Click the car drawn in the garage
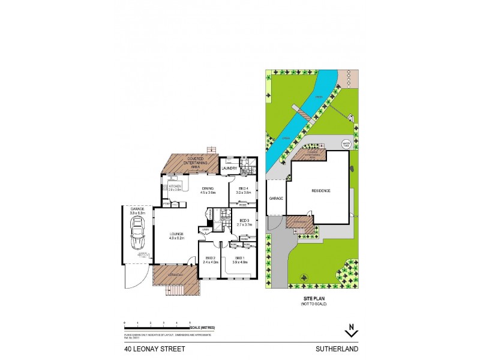tap(137, 235)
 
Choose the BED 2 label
tap(210, 260)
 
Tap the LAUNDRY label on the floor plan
tap(229, 169)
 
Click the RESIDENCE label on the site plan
tap(321, 191)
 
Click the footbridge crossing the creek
tap(301, 112)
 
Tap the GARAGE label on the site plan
tap(276, 198)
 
